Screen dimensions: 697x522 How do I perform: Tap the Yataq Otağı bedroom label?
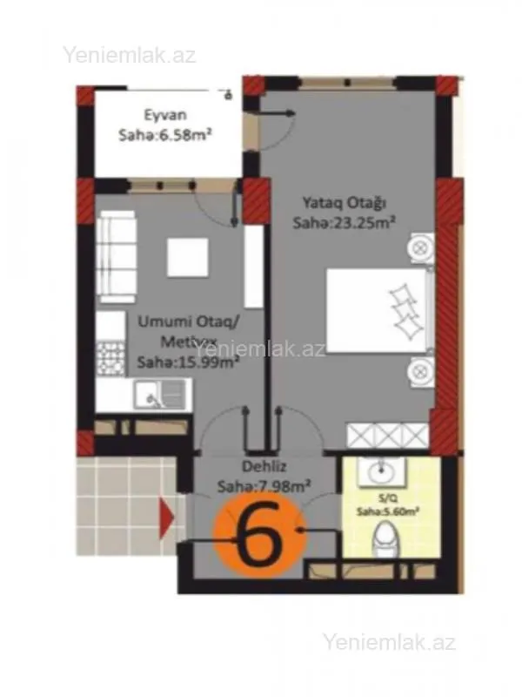[x=344, y=204]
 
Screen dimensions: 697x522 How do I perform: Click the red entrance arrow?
[x=166, y=520]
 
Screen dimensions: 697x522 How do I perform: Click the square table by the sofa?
[x=187, y=256]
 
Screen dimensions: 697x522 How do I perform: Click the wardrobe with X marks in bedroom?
[x=388, y=434]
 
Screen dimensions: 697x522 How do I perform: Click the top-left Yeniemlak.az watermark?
[x=129, y=55]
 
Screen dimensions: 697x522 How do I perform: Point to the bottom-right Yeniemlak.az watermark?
[x=389, y=643]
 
